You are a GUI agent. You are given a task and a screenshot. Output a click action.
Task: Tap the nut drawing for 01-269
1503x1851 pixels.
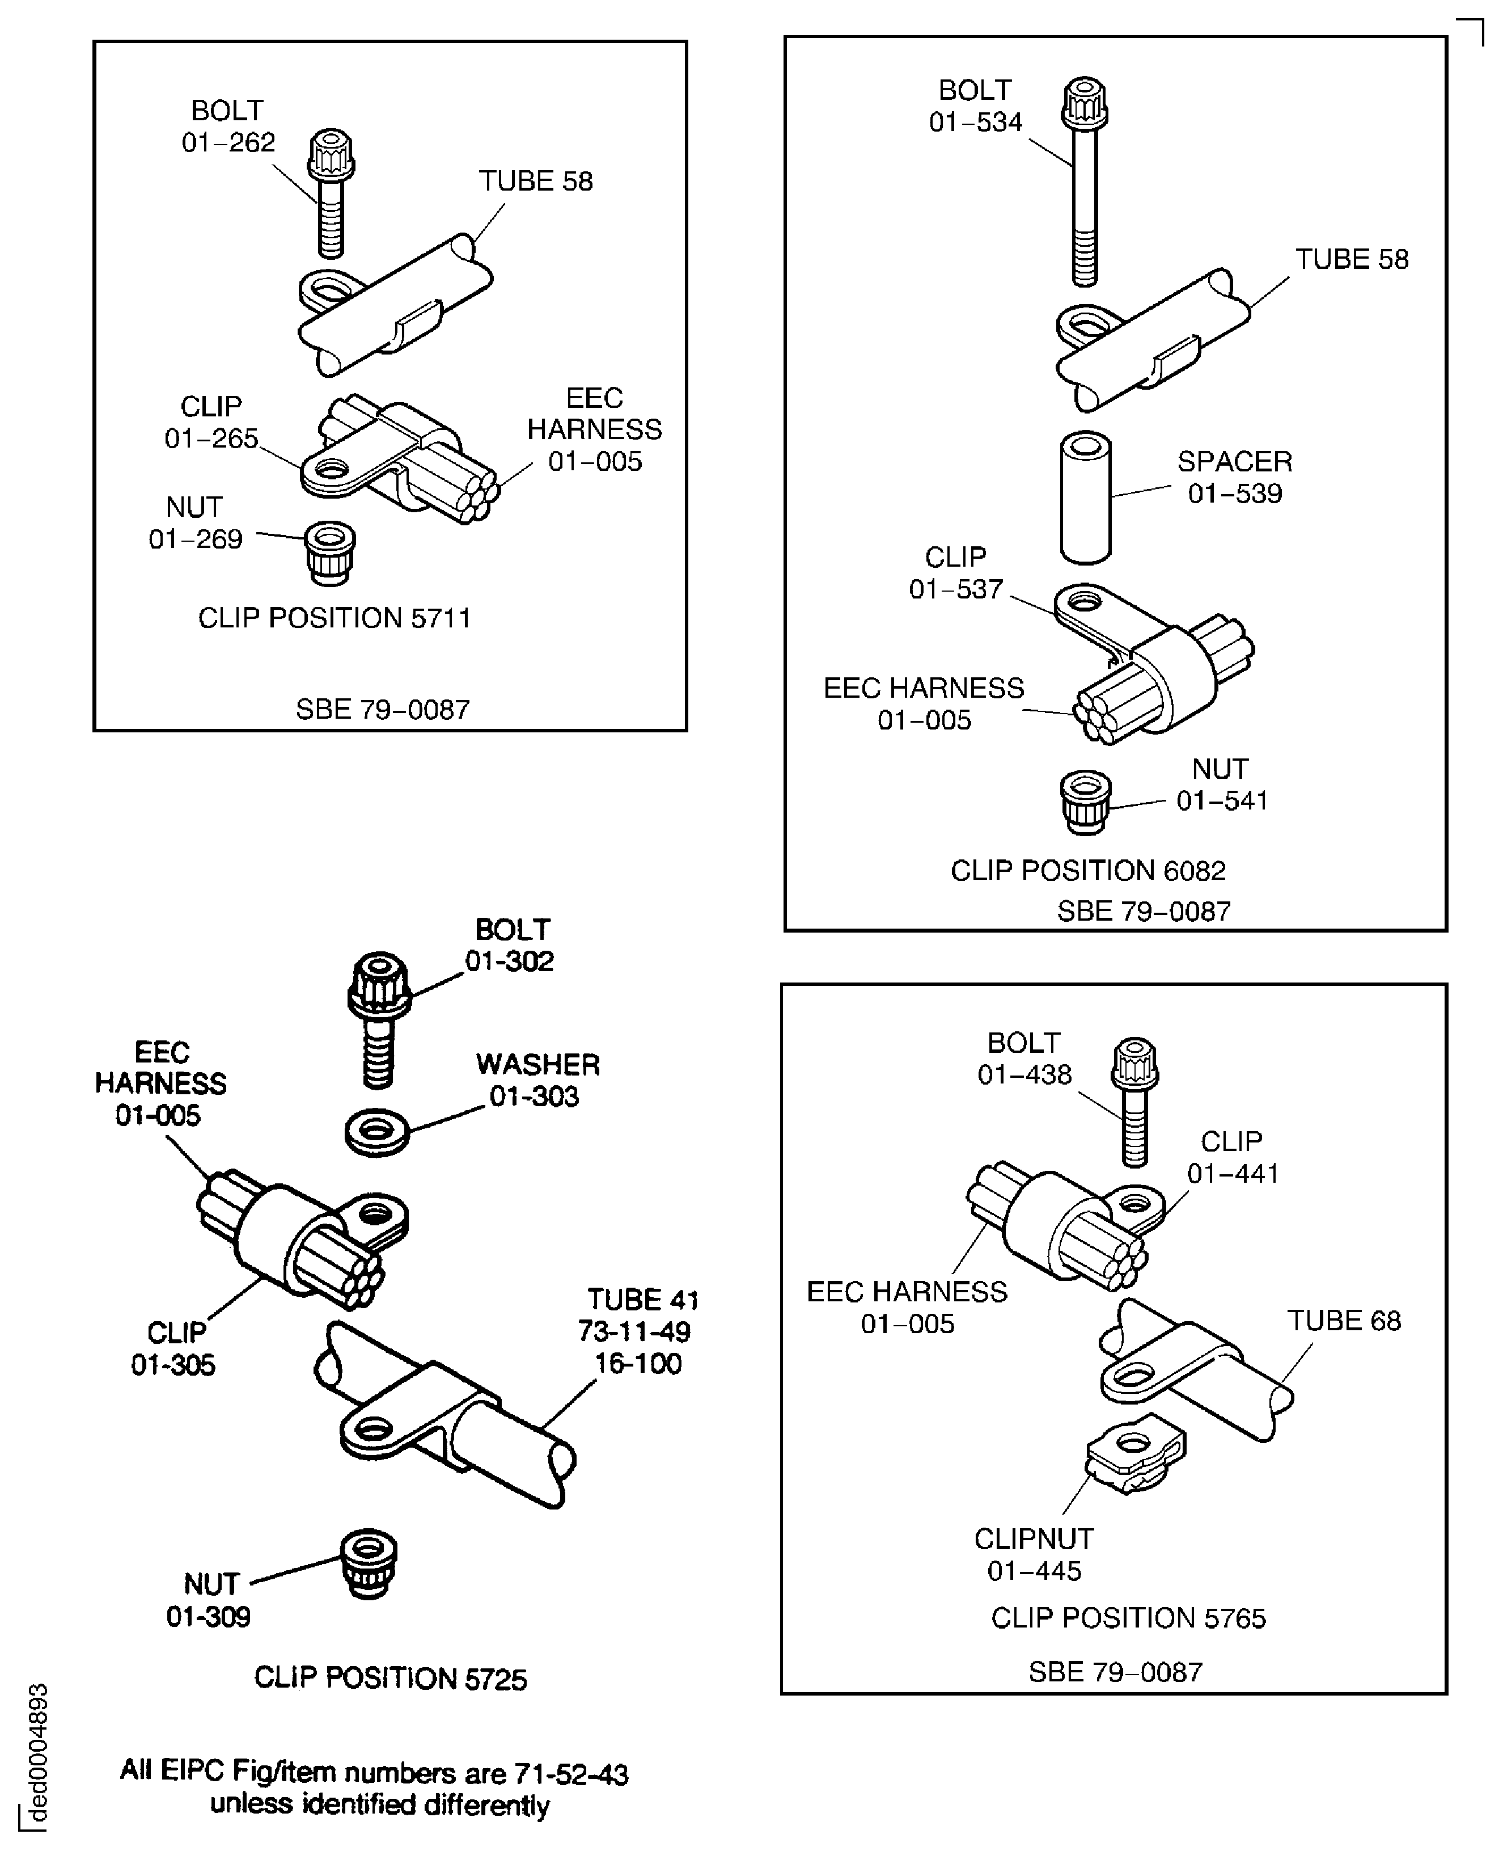(x=330, y=553)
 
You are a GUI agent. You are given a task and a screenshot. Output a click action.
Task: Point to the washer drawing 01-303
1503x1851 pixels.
(x=378, y=1131)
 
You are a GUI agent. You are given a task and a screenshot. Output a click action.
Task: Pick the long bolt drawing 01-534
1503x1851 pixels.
(x=1085, y=182)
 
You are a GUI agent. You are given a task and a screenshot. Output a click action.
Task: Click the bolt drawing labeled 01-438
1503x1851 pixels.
(x=1135, y=1102)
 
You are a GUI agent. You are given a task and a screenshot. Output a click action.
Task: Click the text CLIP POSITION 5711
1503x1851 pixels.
(x=334, y=618)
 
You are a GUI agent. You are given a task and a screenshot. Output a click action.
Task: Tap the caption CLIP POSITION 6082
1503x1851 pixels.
(x=1089, y=871)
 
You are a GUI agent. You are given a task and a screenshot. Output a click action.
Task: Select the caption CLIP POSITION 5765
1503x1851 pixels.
(x=1128, y=1618)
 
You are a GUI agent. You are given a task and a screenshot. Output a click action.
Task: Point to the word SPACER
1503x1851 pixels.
(x=1235, y=462)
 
